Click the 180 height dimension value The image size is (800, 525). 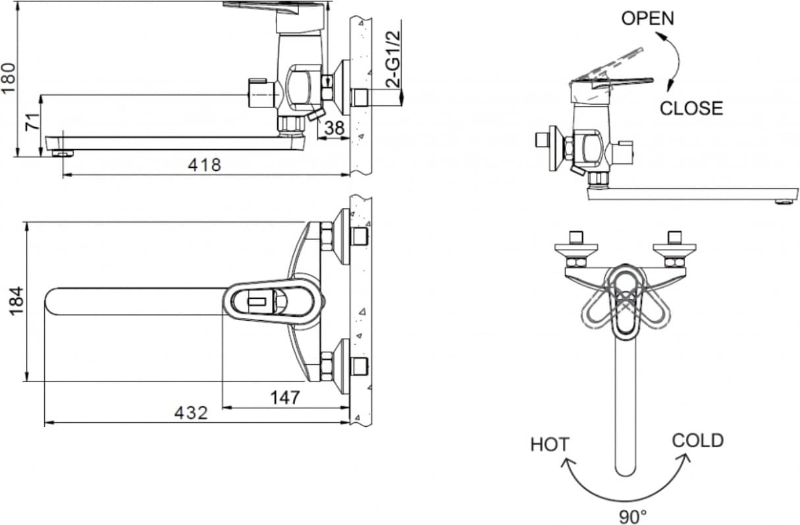click(x=9, y=78)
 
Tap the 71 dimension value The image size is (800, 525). click(x=32, y=121)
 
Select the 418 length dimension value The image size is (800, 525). click(x=205, y=165)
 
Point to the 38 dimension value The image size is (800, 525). click(x=334, y=128)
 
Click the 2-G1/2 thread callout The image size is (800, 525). click(x=393, y=59)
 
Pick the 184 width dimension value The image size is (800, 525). click(x=16, y=301)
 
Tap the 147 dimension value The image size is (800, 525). click(x=284, y=397)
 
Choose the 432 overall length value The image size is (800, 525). click(x=191, y=413)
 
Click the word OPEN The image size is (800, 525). click(x=647, y=18)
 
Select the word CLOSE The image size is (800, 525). click(x=691, y=108)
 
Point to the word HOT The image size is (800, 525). click(x=550, y=445)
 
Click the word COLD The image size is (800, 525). click(x=697, y=440)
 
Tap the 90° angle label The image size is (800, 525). click(x=633, y=516)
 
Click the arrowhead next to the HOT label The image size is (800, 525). click(x=567, y=464)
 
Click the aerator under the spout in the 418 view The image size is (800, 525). click(x=63, y=153)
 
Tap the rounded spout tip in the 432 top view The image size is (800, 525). click(x=50, y=301)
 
